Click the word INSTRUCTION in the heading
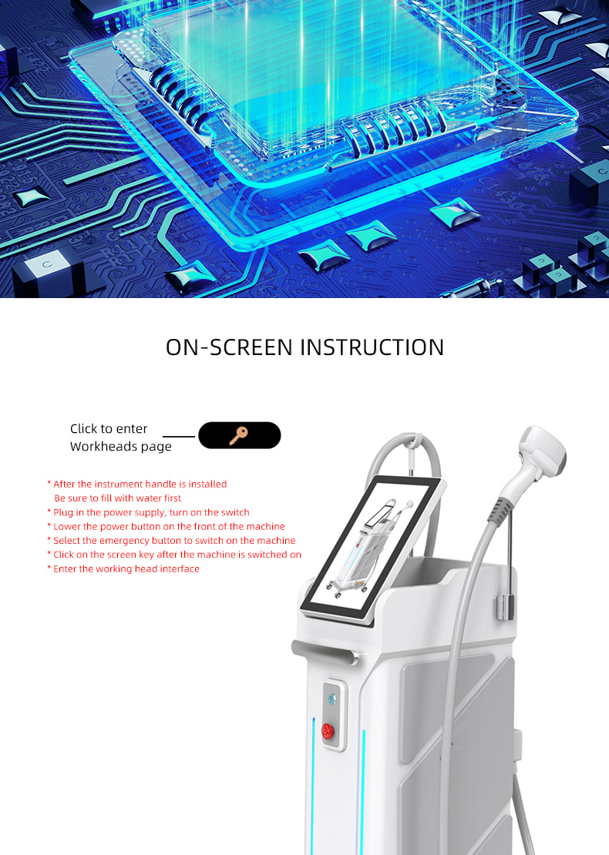[372, 347]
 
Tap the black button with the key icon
[239, 435]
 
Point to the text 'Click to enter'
[109, 429]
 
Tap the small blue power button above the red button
[332, 698]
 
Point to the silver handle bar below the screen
[324, 650]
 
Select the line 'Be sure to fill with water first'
[118, 498]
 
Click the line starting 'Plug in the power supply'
[151, 512]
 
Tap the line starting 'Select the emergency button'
[174, 541]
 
